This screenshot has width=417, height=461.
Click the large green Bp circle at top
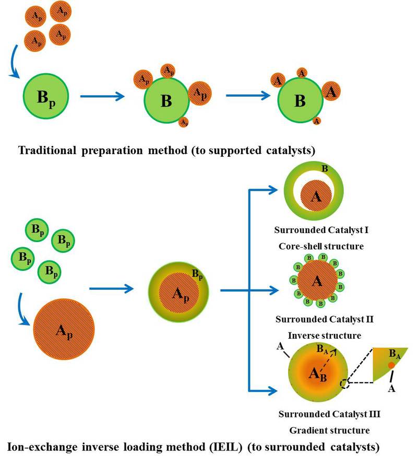pyautogui.click(x=45, y=97)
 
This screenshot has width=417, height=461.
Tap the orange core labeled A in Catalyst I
pyautogui.click(x=315, y=197)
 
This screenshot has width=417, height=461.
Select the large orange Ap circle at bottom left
pyautogui.click(x=64, y=329)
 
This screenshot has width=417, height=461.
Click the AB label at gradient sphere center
pyautogui.click(x=316, y=373)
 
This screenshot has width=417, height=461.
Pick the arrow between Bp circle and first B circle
pyautogui.click(x=102, y=97)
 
